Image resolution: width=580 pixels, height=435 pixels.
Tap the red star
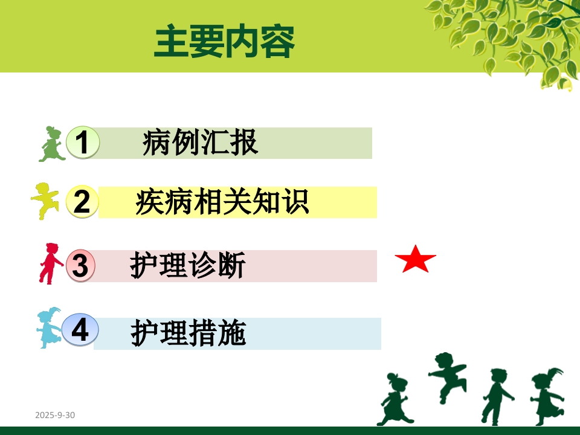(416, 260)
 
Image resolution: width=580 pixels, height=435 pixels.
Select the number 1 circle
(83, 143)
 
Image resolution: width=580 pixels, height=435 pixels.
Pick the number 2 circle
(82, 201)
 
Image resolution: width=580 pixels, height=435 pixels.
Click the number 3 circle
(80, 266)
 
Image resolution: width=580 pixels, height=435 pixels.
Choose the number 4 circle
(80, 330)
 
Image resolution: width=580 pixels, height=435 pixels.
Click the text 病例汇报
(200, 143)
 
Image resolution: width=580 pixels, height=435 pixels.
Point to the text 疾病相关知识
(222, 202)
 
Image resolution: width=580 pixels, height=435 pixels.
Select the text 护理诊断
(188, 266)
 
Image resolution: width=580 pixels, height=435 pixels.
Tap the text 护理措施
(188, 333)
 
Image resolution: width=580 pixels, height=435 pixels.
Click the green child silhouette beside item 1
(51, 144)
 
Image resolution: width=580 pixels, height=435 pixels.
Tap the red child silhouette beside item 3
(50, 263)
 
